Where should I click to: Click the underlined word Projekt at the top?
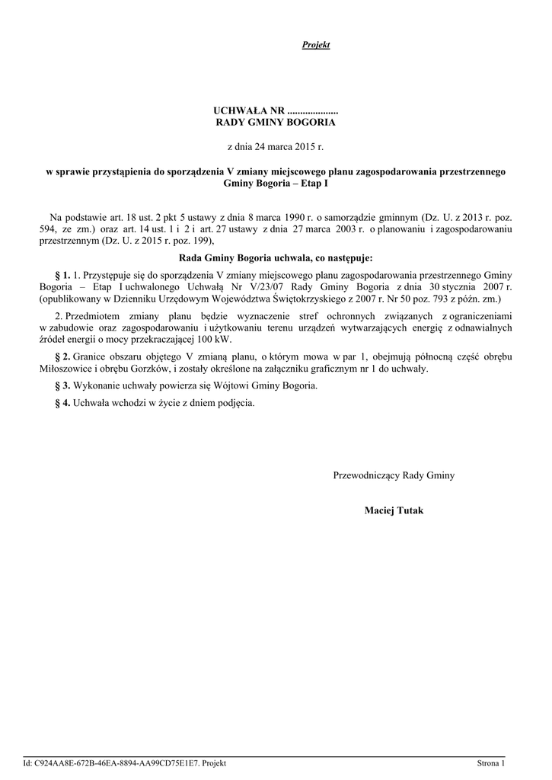coord(316,46)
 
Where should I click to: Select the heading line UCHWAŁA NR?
coord(276,110)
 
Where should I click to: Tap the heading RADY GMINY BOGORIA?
coord(276,122)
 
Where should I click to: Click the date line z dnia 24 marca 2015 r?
coord(276,145)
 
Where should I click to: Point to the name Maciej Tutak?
coord(394,510)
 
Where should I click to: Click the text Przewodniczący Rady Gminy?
coord(394,475)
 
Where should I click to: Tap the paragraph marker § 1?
coord(62,274)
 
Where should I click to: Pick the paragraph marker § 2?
coord(62,356)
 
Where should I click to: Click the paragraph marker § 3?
coord(62,385)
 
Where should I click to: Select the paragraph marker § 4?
coord(62,403)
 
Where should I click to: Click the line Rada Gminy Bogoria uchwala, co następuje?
coord(276,257)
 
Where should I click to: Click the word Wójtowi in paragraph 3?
coord(227,385)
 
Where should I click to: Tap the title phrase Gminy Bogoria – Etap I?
coord(276,184)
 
